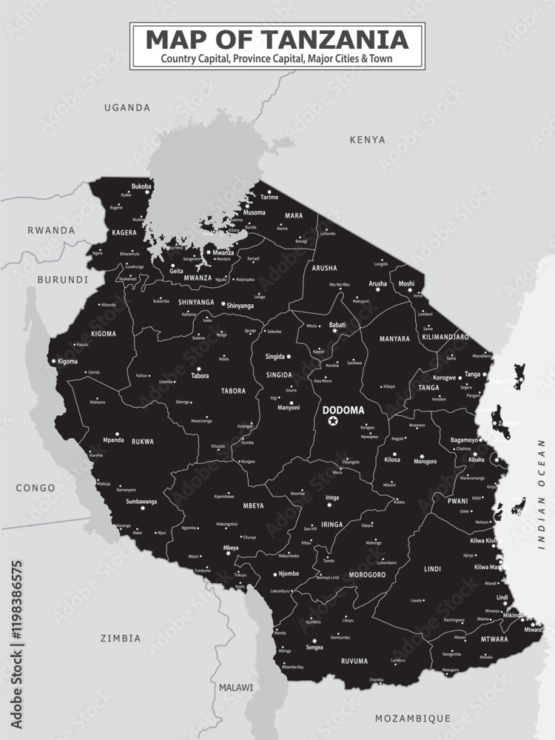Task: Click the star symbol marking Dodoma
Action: [x=333, y=421]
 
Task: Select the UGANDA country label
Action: [x=127, y=107]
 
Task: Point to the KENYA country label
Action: [x=368, y=139]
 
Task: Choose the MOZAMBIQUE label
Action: [x=413, y=718]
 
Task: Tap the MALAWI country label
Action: [x=235, y=687]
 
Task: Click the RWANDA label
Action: [x=51, y=230]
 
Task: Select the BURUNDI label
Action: [x=62, y=280]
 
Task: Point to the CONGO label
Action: [x=36, y=488]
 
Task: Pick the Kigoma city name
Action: [x=67, y=361]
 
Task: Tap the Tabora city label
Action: [x=200, y=375]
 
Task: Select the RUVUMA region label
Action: [x=354, y=661]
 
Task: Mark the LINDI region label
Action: [x=433, y=569]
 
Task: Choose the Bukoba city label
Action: [x=141, y=186]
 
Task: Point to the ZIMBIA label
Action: [x=121, y=638]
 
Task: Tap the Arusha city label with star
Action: [x=377, y=283]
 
